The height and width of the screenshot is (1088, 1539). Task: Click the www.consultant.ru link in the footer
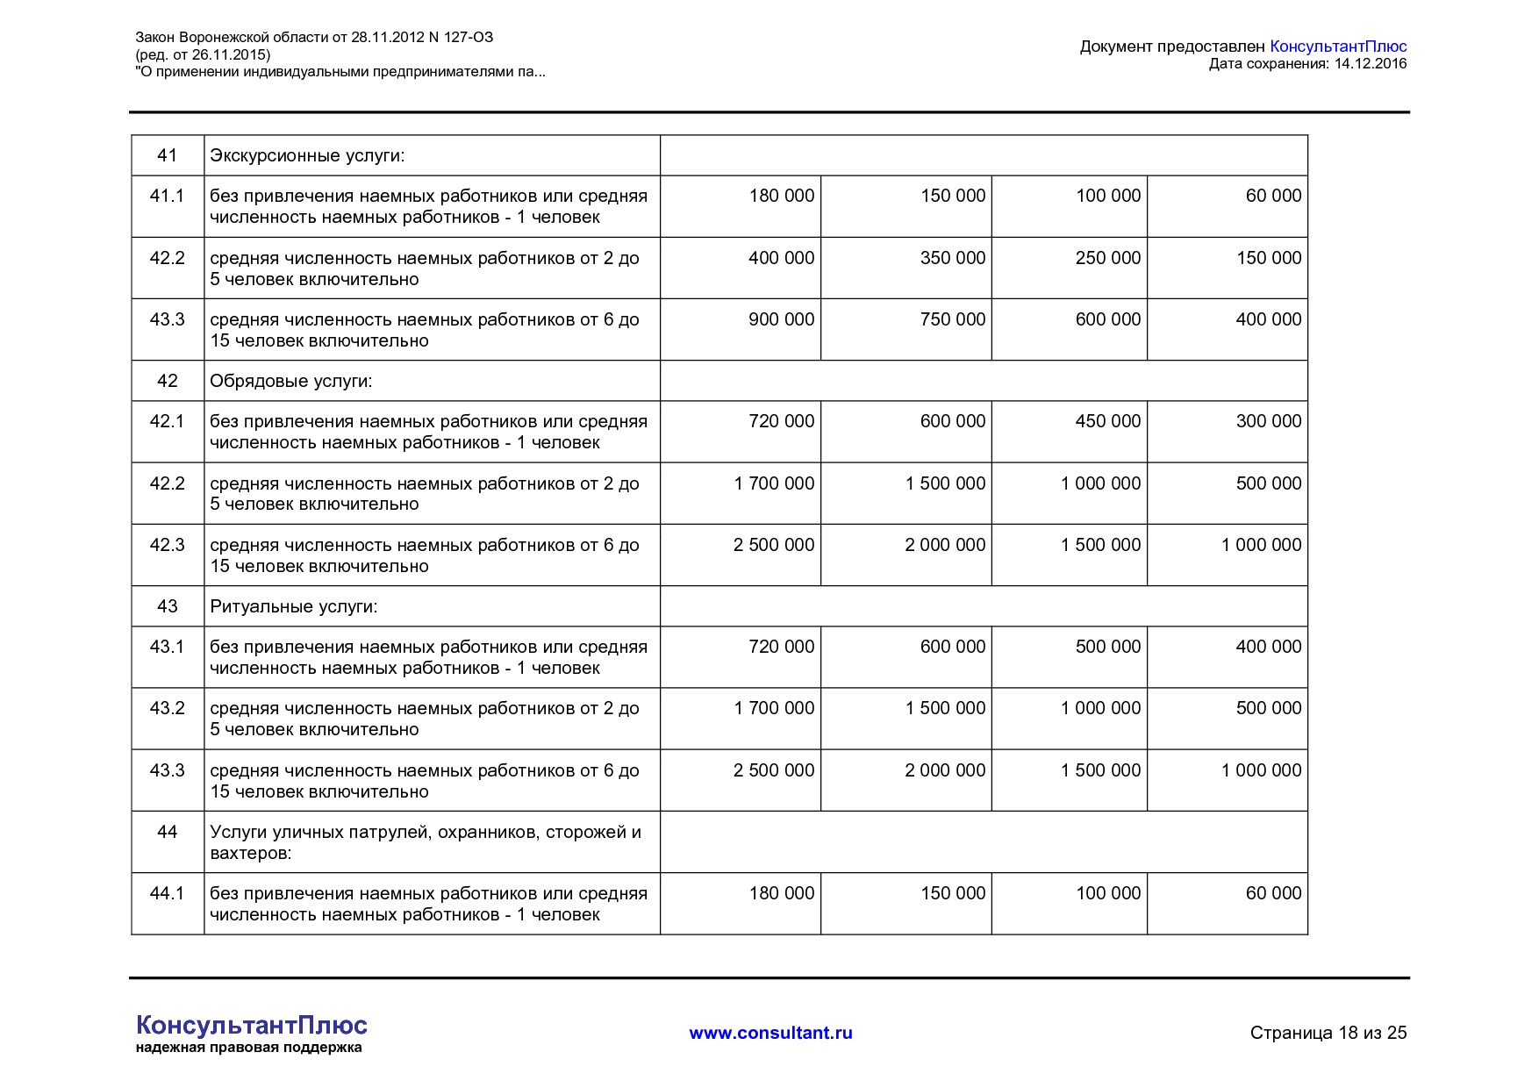coord(770,1033)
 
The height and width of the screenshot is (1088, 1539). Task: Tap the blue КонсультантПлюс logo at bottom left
coord(251,1025)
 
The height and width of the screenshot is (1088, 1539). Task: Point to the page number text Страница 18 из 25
coord(1328,1033)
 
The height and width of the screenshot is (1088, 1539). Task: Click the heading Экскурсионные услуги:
coord(307,156)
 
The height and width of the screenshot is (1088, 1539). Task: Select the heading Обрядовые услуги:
coord(291,381)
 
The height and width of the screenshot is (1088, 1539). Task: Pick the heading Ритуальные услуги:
coord(294,606)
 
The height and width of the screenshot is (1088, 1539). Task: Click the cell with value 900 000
coord(781,319)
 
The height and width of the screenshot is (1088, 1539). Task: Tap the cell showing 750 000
coord(952,319)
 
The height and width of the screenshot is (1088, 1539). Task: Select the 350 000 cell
coord(952,258)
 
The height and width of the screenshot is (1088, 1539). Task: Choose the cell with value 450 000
coord(1107,421)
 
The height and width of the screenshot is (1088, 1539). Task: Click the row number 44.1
coord(167,893)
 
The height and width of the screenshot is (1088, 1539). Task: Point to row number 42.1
coord(167,421)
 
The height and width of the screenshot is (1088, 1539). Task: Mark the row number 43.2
coord(167,708)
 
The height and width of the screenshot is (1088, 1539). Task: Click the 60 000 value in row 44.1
coord(1273,893)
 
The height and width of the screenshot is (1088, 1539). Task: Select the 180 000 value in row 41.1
coord(781,196)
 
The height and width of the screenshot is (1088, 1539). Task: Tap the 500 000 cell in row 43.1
coord(1107,647)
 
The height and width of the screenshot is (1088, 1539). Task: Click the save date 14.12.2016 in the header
coord(1370,63)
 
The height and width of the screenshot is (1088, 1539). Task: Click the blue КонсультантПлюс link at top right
coord(1338,47)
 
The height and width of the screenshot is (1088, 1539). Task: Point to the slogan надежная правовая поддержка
coord(248,1048)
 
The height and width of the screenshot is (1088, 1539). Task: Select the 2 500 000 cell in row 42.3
coord(773,545)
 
